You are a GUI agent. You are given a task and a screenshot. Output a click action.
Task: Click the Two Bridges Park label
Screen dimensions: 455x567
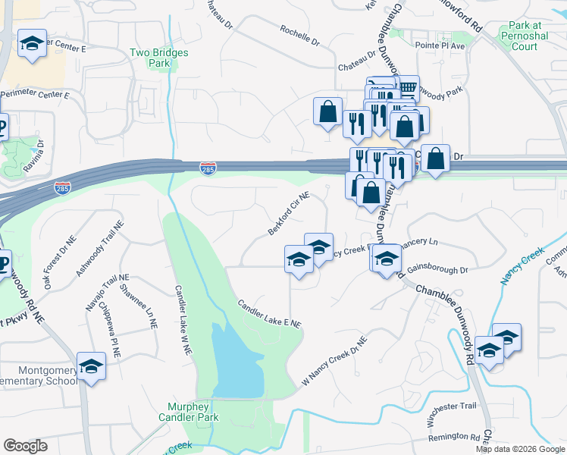coord(159,58)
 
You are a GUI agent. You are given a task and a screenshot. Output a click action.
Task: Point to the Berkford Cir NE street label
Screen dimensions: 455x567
coord(289,213)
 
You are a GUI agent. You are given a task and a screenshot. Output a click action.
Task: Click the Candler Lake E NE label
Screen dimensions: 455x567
coord(270,313)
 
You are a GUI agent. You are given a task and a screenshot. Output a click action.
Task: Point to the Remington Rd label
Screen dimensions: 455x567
coord(453,437)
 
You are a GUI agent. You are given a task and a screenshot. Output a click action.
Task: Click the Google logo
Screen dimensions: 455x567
coord(25,446)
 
